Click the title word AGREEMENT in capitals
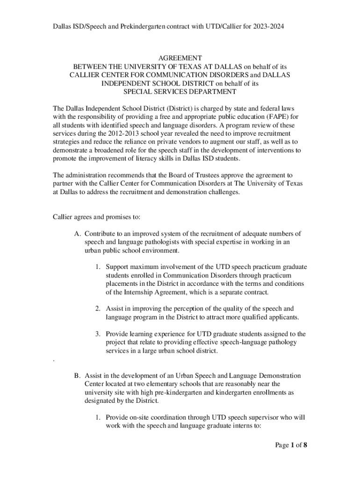pyautogui.click(x=180, y=58)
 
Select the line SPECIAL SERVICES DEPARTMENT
pyautogui.click(x=180, y=92)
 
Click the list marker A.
pyautogui.click(x=77, y=233)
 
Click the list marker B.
pyautogui.click(x=77, y=376)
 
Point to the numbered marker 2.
pyautogui.click(x=98, y=309)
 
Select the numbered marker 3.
pyautogui.click(x=98, y=334)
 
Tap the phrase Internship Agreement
pyautogui.click(x=152, y=292)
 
